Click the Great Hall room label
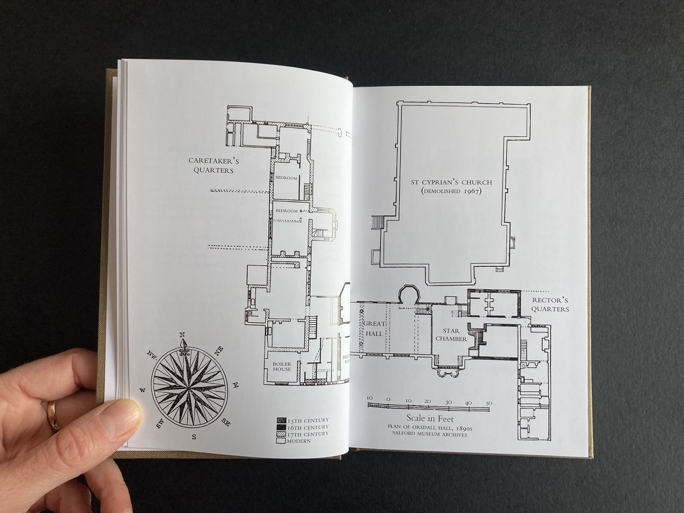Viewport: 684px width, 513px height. coord(374,328)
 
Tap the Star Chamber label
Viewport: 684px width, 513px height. coord(451,334)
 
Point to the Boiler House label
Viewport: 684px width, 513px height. coord(282,366)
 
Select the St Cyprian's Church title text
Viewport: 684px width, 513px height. coord(451,183)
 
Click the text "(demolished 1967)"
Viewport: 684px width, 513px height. coord(451,192)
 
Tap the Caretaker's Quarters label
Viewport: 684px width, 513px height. coord(214,165)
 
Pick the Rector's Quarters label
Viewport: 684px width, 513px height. coord(550,305)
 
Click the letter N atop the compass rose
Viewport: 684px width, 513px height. coord(183,334)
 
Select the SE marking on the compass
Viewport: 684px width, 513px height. coord(225,422)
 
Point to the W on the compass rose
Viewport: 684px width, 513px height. coord(143,390)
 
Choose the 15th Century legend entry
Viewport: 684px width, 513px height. coord(303,420)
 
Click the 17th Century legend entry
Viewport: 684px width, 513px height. coord(303,434)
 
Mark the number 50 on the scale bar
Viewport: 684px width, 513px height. coord(489,404)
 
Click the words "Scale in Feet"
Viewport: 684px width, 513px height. coord(430,418)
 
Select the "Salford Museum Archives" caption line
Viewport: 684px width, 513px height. coord(430,435)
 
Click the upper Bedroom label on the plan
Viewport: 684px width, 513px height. coord(286,178)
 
